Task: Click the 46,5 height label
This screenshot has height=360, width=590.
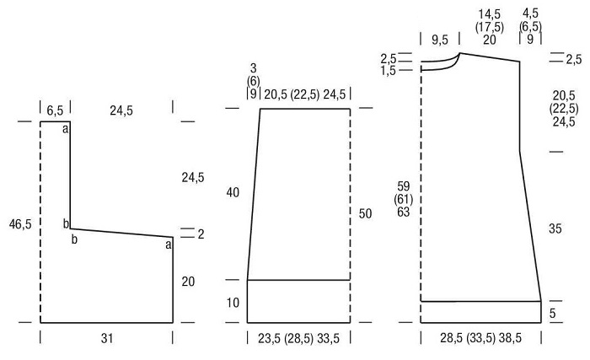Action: pos(20,224)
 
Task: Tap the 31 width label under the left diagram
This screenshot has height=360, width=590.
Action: pos(107,338)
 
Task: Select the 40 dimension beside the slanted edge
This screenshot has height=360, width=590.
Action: pos(233,192)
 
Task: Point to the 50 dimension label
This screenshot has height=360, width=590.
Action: pos(365,213)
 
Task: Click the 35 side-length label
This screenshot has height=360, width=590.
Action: pos(555,228)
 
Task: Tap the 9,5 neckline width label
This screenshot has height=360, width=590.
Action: pos(439,40)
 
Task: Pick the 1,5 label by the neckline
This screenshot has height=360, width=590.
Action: pos(388,71)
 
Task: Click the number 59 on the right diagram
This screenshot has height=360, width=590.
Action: pos(403,186)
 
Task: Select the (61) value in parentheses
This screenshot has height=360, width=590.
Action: pos(403,199)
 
